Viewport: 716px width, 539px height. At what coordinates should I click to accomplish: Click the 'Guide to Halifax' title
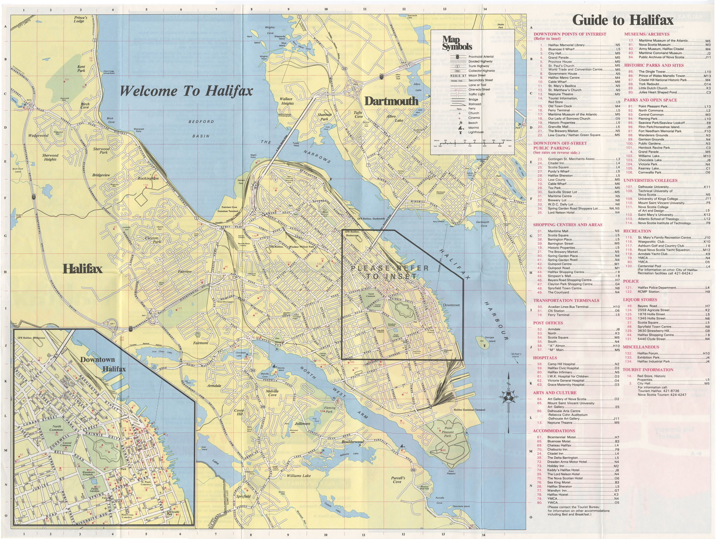[623, 20]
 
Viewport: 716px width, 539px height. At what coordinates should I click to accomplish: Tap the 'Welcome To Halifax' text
[186, 91]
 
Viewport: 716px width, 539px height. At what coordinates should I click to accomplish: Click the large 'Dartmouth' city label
[391, 101]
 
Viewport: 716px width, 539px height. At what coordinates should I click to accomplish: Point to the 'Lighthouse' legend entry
[476, 132]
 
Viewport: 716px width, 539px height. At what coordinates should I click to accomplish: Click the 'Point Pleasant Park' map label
[447, 432]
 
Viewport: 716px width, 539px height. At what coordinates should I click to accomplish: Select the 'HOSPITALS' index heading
[545, 358]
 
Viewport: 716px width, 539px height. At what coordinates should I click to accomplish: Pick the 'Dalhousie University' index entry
[653, 187]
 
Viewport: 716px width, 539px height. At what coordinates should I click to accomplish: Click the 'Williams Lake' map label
[298, 476]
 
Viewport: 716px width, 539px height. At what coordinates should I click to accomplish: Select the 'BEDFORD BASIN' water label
[201, 129]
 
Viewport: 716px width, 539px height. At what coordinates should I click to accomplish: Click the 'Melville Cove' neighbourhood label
[272, 393]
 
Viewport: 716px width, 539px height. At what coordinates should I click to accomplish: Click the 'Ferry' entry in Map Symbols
[472, 109]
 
